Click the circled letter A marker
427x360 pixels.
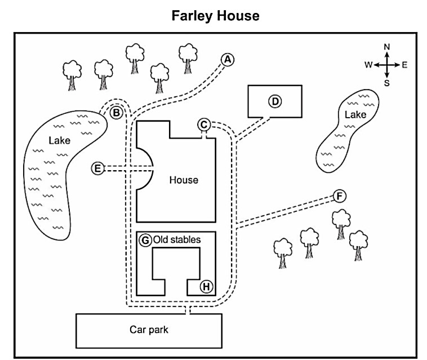point(228,60)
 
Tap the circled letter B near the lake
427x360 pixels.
point(116,113)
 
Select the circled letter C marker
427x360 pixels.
point(204,125)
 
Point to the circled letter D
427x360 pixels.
point(275,101)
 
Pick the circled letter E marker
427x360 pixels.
point(98,168)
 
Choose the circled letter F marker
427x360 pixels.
point(340,196)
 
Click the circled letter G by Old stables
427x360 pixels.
point(145,240)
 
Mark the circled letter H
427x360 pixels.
point(206,286)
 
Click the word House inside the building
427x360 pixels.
point(184,180)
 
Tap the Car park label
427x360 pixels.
point(149,330)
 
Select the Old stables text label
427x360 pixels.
point(177,239)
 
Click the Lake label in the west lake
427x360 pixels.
point(59,140)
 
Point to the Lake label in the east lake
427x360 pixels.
point(355,114)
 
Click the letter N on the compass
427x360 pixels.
point(386,47)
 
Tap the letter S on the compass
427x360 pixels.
point(386,83)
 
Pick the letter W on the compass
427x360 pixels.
point(368,65)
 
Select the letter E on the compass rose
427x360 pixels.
point(404,65)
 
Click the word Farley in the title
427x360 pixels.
point(192,16)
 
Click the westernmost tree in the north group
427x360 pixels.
point(72,75)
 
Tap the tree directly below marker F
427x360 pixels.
point(341,224)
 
